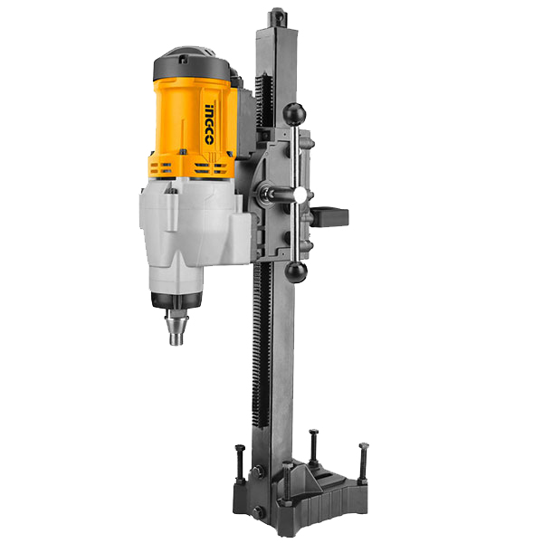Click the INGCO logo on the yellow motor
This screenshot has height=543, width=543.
209,124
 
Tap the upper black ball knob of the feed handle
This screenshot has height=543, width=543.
294,114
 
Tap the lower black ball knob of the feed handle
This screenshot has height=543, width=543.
296,271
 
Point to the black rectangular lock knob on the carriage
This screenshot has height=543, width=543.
329,217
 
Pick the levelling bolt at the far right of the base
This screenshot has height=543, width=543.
363,462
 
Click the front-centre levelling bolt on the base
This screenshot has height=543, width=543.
287,481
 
